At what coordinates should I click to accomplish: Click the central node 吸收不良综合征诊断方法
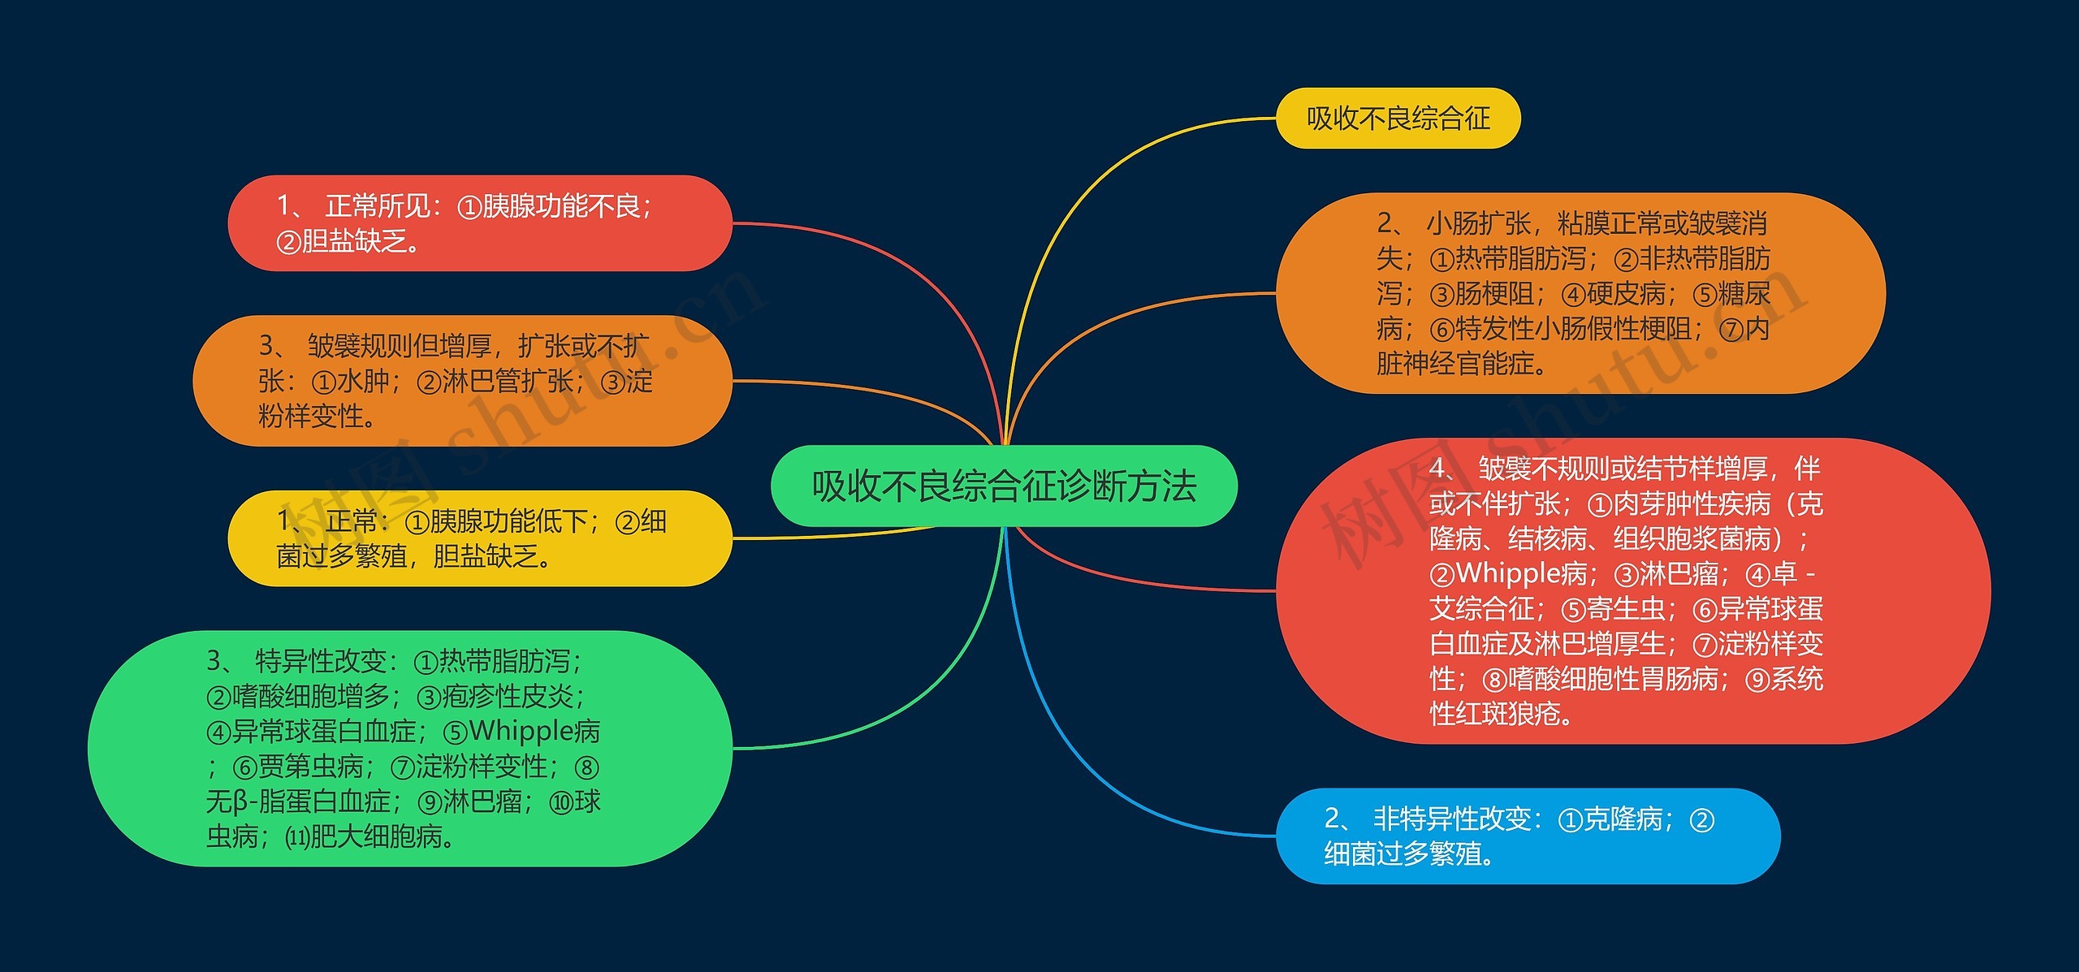click(1004, 486)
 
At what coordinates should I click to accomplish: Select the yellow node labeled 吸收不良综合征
click(1398, 119)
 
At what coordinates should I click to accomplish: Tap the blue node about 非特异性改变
click(1527, 836)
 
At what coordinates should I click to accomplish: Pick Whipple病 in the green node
click(534, 732)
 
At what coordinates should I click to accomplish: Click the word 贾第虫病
click(311, 767)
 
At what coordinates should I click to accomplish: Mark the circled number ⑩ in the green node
click(561, 802)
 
